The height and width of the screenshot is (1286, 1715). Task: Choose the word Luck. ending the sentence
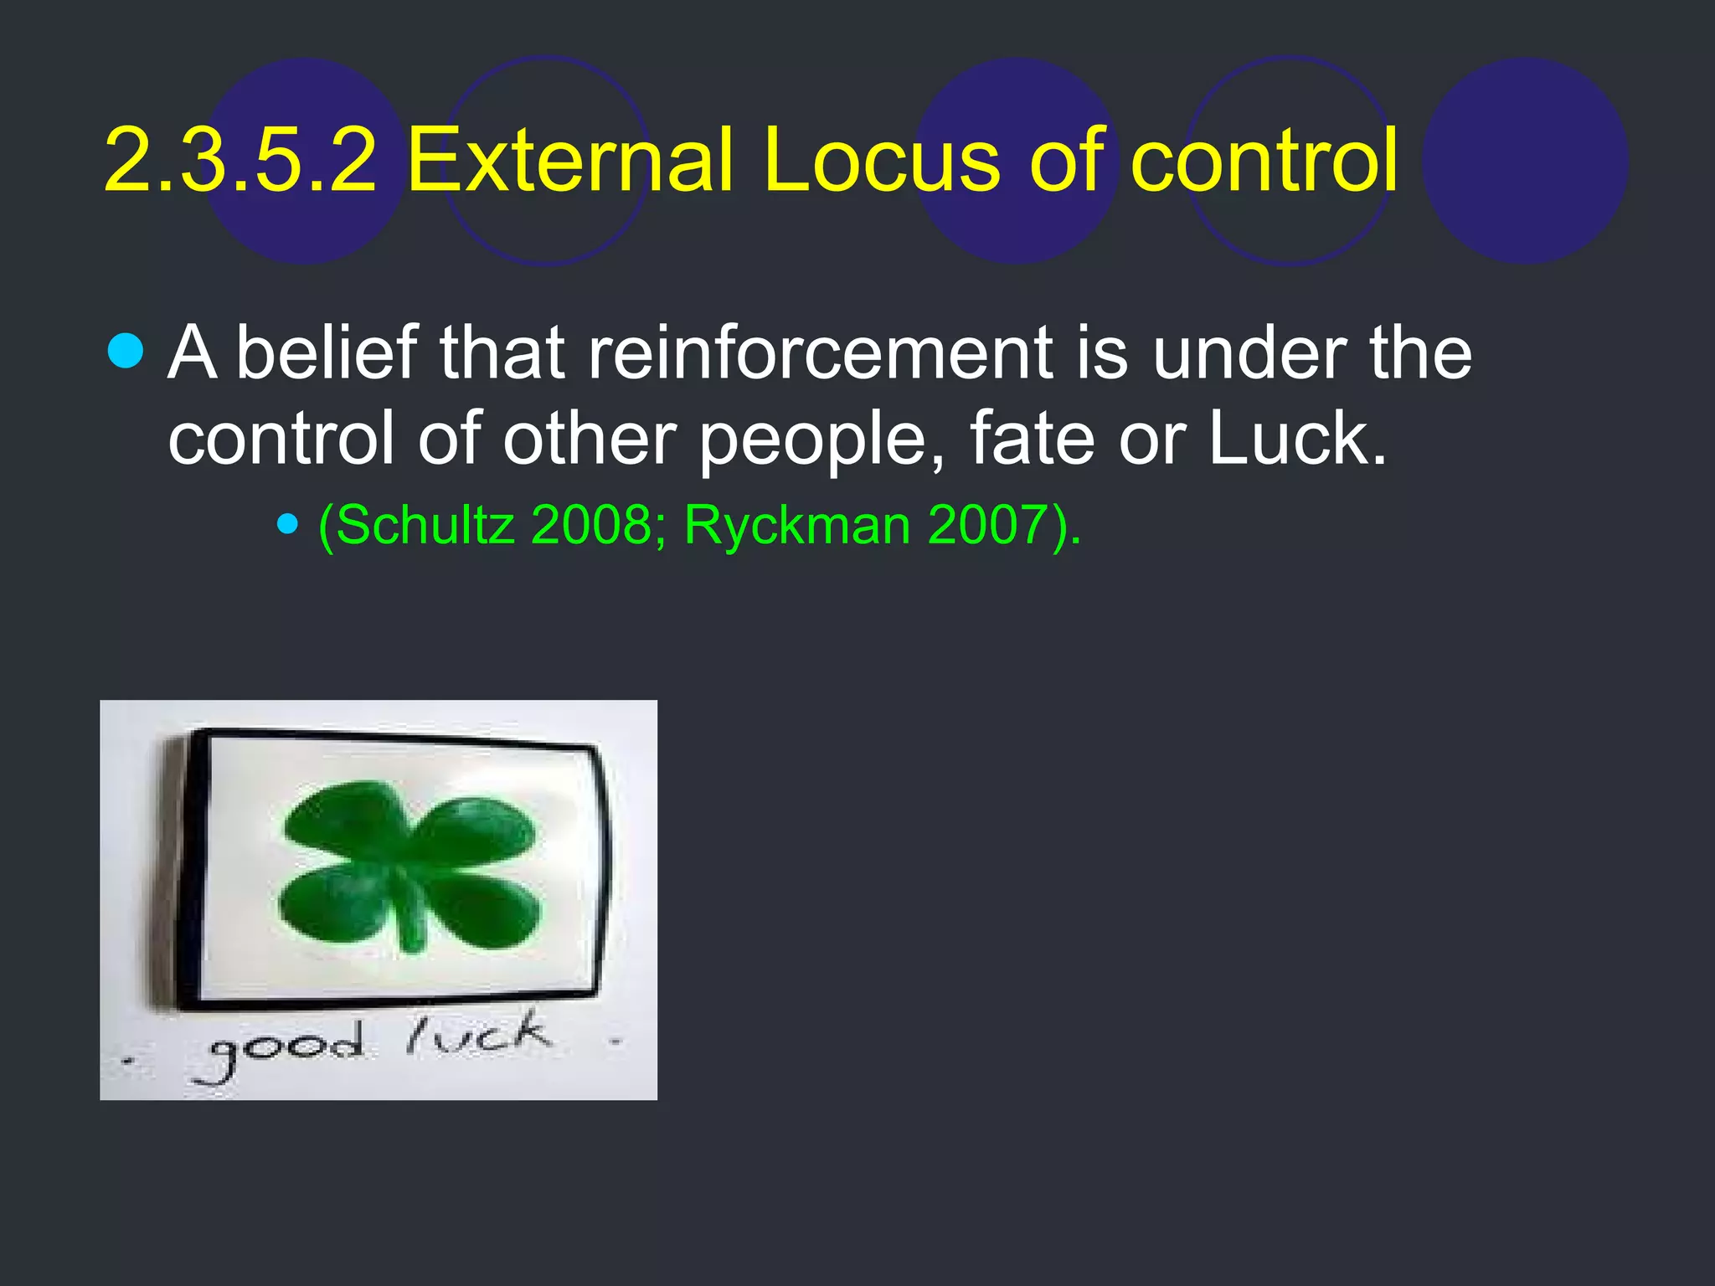pos(1296,439)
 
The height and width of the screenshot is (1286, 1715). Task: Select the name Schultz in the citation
pos(425,526)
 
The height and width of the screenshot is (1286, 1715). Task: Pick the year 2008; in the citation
pos(598,526)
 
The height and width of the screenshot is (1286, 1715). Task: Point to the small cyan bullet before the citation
pos(288,525)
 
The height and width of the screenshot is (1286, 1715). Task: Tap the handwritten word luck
pos(479,1037)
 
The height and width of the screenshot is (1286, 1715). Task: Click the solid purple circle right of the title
pos(1525,161)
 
